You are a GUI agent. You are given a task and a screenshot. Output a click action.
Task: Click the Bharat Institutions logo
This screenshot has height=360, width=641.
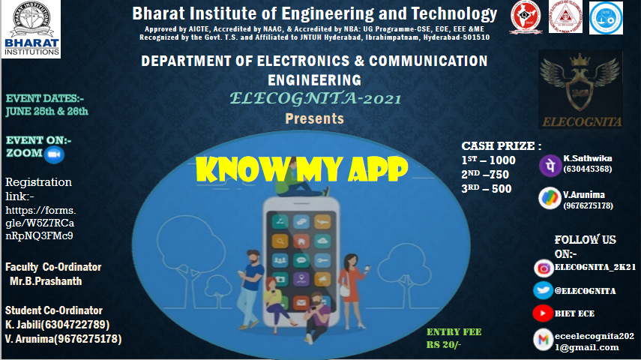point(31,29)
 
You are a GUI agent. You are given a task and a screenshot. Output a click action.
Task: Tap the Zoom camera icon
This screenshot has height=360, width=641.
point(54,154)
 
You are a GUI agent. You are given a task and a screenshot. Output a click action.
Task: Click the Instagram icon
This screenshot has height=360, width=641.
point(544,268)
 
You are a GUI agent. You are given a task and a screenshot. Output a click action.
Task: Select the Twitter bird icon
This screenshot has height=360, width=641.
point(543,290)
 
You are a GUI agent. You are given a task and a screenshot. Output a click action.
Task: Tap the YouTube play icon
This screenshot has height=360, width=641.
point(543,313)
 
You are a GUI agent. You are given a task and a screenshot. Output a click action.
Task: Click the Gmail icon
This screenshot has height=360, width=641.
point(544,340)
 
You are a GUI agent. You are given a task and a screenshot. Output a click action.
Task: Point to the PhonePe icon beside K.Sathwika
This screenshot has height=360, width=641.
point(550,166)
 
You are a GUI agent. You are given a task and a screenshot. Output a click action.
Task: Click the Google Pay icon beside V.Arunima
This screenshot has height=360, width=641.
point(550,199)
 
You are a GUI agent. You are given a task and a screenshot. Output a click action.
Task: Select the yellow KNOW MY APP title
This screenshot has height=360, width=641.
point(301,169)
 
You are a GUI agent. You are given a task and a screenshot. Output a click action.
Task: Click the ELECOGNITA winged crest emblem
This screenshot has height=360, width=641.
point(580,89)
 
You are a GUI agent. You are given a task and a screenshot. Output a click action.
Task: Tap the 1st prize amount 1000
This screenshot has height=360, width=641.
point(502,160)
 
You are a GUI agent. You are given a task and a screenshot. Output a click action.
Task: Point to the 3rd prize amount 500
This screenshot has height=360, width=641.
point(502,189)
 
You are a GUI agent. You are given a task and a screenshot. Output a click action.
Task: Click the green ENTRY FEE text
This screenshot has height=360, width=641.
point(454,331)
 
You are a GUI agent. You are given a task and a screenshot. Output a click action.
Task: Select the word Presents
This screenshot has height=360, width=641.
point(314,118)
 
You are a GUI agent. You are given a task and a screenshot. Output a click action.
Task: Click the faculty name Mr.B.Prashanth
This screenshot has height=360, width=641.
point(46,281)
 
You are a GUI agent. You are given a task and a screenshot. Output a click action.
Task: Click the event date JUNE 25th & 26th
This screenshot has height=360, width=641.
point(47,111)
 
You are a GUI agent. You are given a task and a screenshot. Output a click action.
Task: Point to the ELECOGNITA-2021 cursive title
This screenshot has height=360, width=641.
point(315,98)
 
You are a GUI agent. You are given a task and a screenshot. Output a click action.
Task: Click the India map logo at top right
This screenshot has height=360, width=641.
point(526,17)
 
